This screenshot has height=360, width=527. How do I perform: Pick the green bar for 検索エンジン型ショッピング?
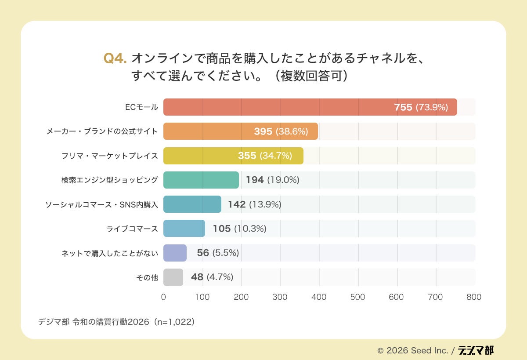tap(201, 180)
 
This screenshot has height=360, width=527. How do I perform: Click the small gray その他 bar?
tap(173, 277)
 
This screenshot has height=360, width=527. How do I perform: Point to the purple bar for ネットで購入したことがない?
tap(175, 253)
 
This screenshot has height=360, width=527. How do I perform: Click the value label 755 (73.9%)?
tap(421, 107)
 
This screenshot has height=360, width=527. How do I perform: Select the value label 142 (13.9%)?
tap(254, 204)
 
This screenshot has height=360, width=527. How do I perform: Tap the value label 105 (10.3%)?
tap(239, 229)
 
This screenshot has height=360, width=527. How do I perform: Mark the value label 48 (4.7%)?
tap(212, 277)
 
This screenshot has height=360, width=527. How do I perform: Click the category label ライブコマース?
tap(132, 229)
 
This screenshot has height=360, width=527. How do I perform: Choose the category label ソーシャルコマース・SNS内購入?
tap(101, 204)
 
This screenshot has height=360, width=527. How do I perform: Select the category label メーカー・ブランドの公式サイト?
tap(102, 131)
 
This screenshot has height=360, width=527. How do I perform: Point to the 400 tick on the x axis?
tap(319, 297)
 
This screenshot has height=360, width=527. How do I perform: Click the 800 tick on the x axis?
tap(474, 297)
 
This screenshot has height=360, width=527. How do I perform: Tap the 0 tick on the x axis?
tap(163, 297)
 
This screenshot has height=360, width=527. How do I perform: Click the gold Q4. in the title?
tap(115, 58)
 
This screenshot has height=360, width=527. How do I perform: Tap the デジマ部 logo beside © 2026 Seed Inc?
tap(476, 350)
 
